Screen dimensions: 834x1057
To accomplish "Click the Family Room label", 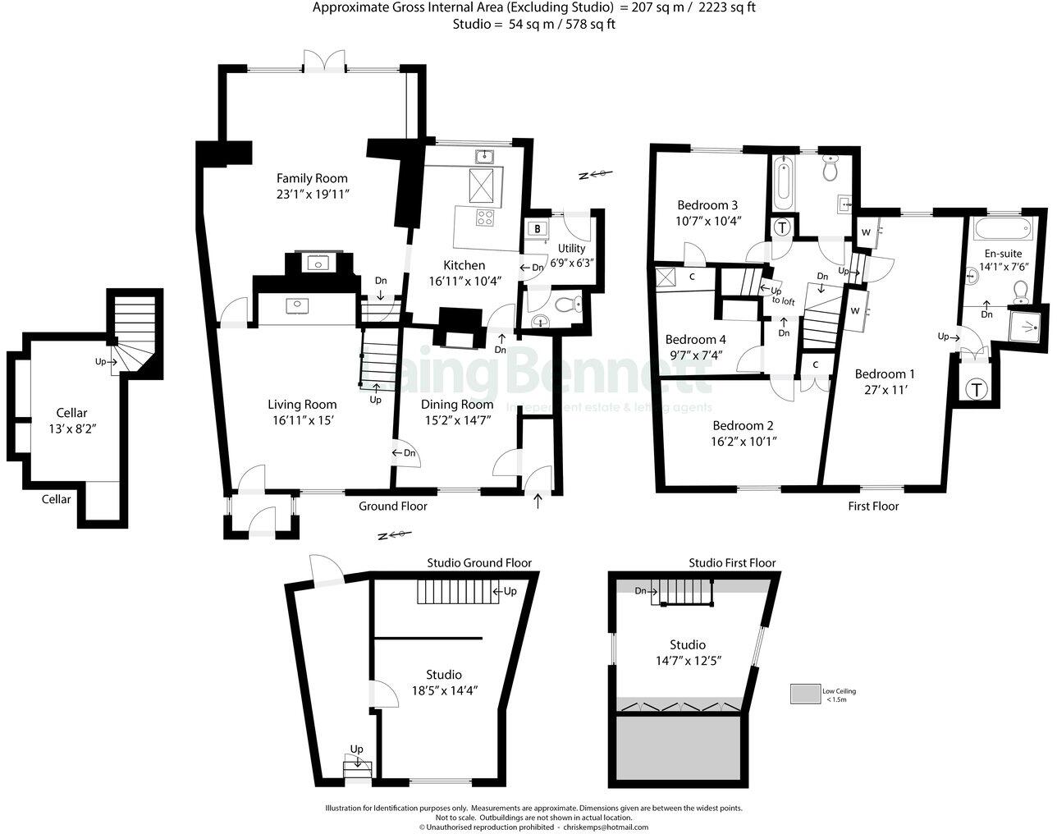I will (312, 178).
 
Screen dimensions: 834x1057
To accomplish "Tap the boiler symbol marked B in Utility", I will (538, 229).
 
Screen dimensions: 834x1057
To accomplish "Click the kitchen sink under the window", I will (483, 156).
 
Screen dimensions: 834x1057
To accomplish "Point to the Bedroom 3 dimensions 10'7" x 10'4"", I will (707, 221).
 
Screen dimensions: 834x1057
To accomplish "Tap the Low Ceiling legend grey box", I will (806, 694).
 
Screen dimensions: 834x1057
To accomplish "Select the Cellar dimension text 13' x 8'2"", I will (71, 428).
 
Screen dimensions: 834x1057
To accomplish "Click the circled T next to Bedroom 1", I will (976, 389).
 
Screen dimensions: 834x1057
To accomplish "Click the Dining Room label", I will (457, 404).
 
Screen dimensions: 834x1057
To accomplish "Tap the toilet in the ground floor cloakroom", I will (565, 305).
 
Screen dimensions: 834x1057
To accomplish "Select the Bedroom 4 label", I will (696, 339).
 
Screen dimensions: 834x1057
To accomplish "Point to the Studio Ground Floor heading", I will (479, 563).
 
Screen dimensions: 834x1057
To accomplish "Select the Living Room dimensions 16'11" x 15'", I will (302, 419).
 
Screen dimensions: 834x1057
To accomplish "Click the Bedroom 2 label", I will (743, 425).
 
